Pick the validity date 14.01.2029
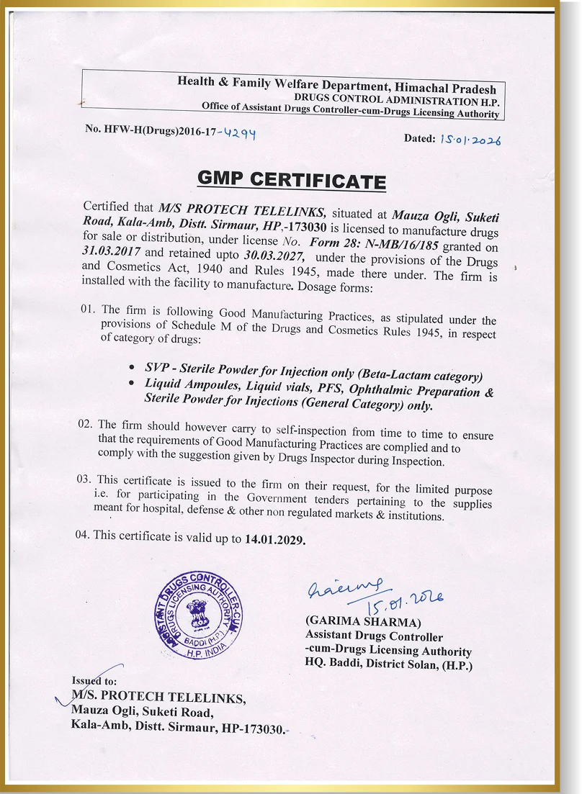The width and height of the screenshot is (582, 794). click(275, 539)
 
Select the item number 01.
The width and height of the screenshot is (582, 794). click(88, 309)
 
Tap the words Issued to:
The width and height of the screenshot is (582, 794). click(94, 680)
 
